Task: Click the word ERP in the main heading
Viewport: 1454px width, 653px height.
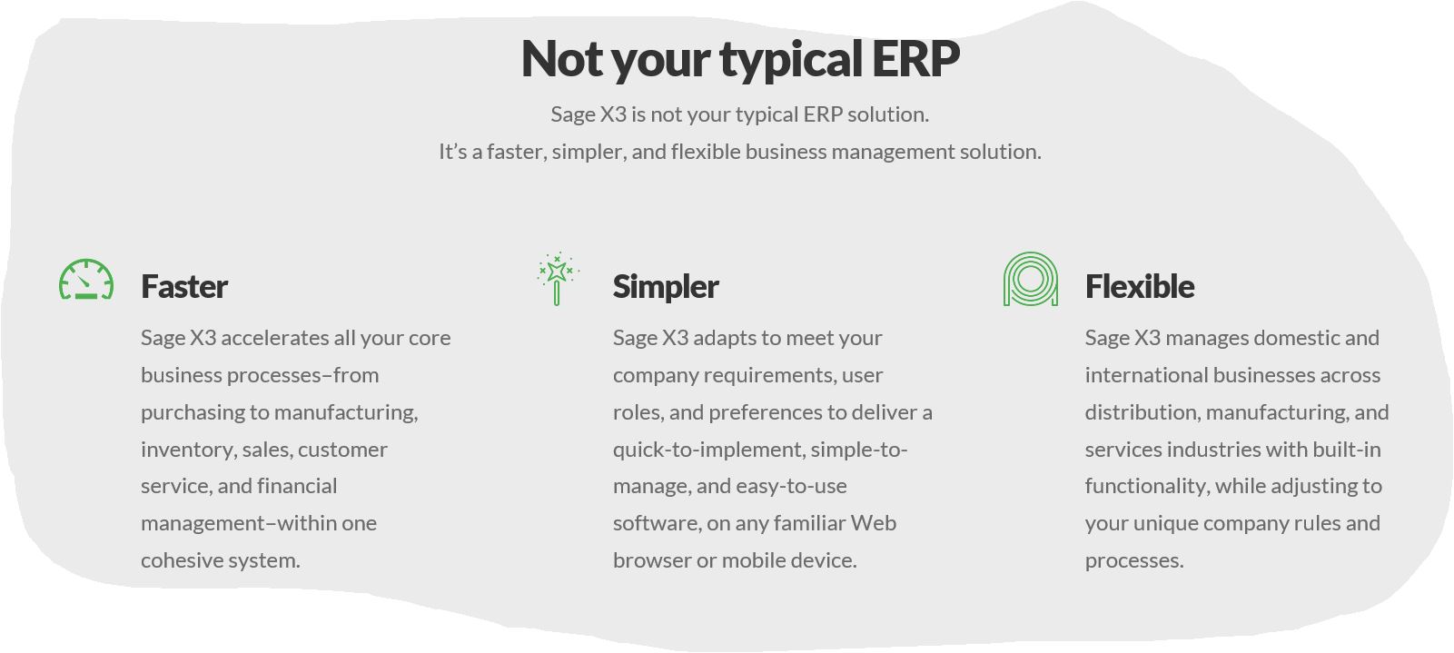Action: point(915,58)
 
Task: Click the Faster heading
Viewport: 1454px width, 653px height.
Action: point(184,287)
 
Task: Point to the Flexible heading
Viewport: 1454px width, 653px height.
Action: point(1140,286)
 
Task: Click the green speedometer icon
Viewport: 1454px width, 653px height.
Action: point(86,280)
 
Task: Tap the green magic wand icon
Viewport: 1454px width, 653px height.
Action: point(558,279)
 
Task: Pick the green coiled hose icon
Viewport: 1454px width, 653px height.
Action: point(1031,279)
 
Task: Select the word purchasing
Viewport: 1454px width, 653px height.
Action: point(193,413)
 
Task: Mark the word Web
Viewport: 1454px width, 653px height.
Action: point(873,523)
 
